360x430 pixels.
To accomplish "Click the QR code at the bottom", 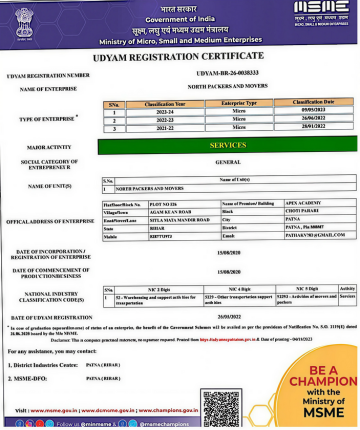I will point(223,407).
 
